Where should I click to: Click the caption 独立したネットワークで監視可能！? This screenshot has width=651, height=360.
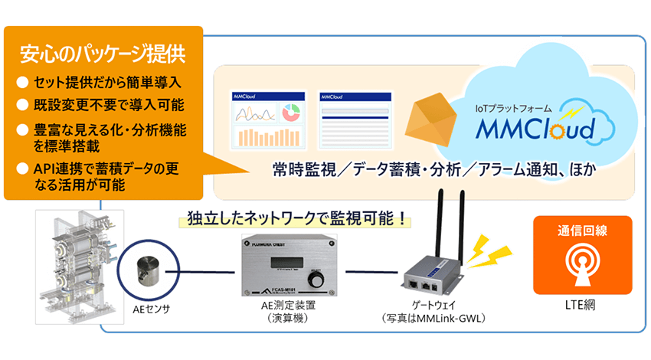(x=292, y=218)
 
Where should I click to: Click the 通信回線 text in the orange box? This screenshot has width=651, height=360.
(x=581, y=229)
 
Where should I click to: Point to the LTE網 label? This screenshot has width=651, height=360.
(x=581, y=306)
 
